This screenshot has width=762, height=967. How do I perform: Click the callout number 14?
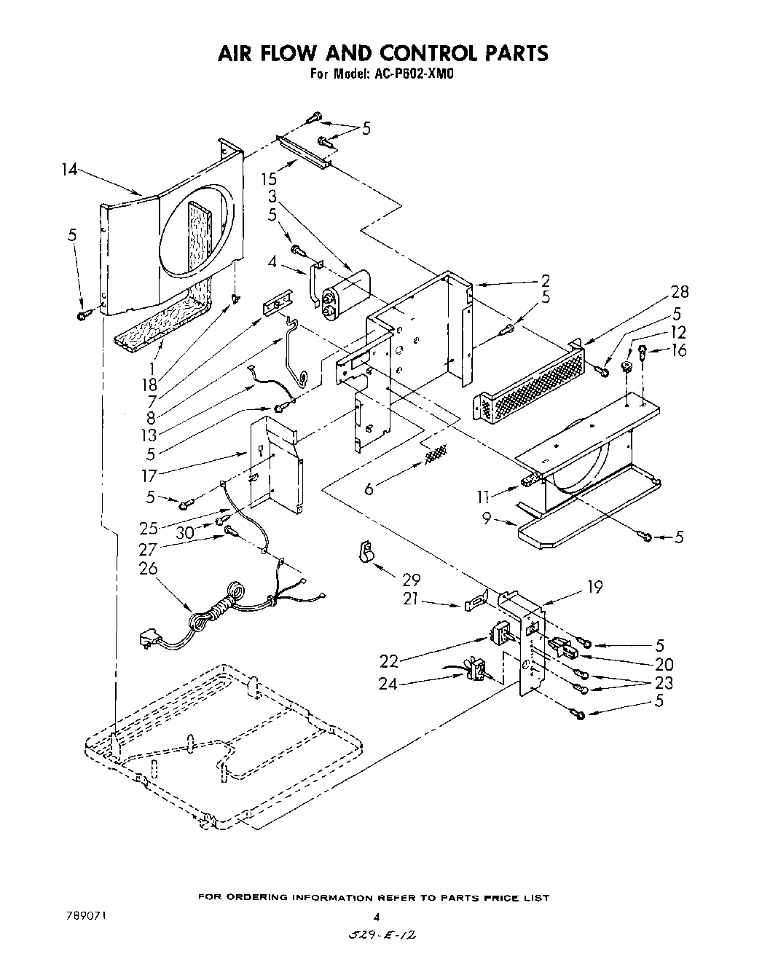coord(69,170)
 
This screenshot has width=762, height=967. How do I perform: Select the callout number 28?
coord(680,292)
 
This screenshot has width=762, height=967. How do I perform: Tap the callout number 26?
coord(148,568)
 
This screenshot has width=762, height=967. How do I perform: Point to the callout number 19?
coord(595,587)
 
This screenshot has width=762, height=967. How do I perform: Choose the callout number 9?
coord(487,519)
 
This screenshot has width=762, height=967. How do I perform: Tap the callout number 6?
coord(369,489)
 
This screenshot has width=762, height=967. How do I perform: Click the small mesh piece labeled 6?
coord(435,457)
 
